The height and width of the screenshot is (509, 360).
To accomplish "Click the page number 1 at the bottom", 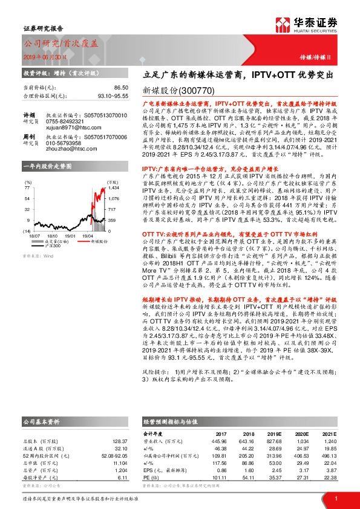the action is tap(335, 498).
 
